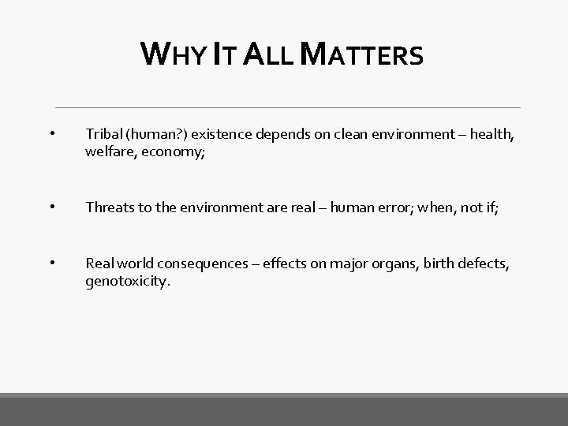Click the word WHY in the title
point(168,55)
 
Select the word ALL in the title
point(268,55)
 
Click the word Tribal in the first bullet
point(103,136)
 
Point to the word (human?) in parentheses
point(155,136)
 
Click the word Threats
point(110,208)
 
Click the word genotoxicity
point(127,282)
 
